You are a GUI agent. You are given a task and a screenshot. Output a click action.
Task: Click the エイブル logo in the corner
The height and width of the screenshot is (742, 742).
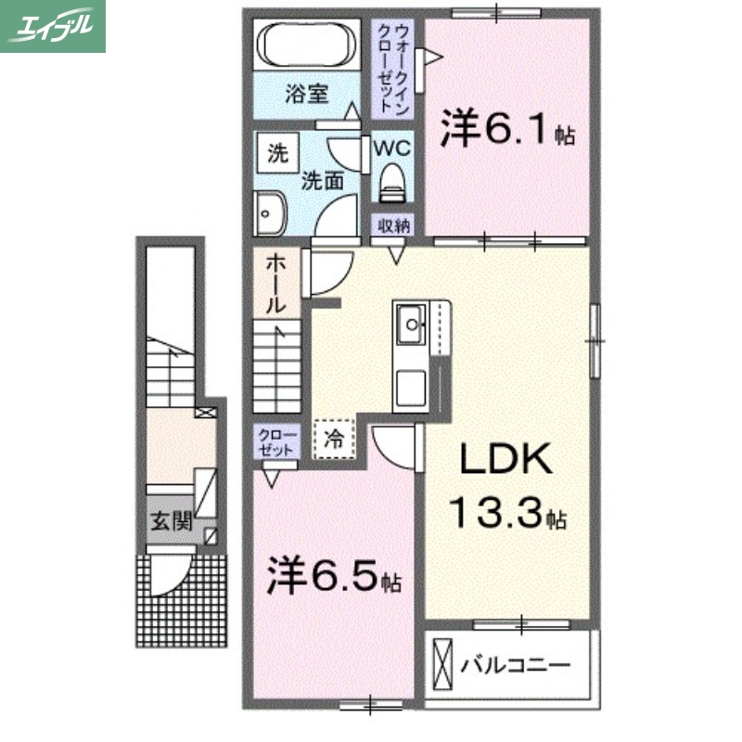tap(53, 26)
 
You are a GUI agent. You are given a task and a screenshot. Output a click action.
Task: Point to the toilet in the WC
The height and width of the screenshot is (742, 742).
tap(392, 182)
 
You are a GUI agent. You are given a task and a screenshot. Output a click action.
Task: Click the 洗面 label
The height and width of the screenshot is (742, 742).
tap(321, 180)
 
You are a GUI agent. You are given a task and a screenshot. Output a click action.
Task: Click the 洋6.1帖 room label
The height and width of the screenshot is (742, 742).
tap(507, 132)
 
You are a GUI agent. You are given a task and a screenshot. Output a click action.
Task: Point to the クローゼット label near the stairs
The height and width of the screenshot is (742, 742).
tap(276, 441)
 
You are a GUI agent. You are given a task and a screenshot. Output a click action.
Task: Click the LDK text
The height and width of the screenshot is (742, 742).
tap(505, 459)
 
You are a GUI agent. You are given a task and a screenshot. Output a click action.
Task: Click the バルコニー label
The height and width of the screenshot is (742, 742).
tap(514, 665)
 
